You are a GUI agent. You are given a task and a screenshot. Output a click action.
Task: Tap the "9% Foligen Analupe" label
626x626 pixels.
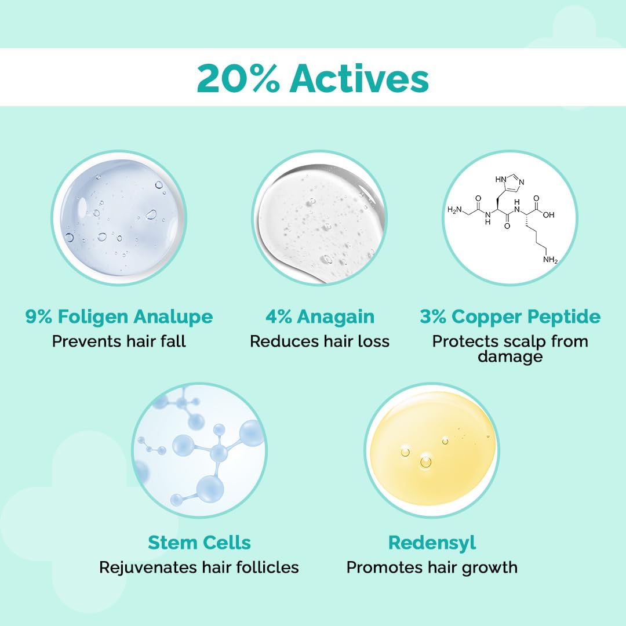[119, 317]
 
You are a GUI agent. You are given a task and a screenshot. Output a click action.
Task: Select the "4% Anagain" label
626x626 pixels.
[319, 317]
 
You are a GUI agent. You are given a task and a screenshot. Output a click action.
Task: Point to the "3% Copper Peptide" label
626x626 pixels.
[510, 317]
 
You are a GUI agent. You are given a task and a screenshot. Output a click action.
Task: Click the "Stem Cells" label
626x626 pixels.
[199, 543]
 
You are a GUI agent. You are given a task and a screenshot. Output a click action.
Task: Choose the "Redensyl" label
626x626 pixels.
[432, 543]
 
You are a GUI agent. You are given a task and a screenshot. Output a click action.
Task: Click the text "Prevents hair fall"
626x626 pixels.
[119, 341]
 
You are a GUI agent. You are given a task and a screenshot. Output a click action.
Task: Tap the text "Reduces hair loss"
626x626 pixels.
[319, 341]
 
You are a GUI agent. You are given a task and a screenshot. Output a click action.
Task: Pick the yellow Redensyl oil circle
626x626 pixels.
[432, 449]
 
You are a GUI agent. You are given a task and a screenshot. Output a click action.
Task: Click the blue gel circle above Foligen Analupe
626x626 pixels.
[119, 217]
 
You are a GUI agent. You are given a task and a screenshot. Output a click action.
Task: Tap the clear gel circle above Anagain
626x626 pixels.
[319, 217]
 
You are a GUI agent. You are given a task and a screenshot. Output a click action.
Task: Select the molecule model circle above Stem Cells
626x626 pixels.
[199, 449]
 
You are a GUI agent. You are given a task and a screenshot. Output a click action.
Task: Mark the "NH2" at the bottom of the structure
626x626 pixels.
[550, 260]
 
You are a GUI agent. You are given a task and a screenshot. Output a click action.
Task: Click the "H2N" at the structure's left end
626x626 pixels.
[456, 209]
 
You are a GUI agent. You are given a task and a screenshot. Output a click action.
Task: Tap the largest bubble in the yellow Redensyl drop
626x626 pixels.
[426, 462]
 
